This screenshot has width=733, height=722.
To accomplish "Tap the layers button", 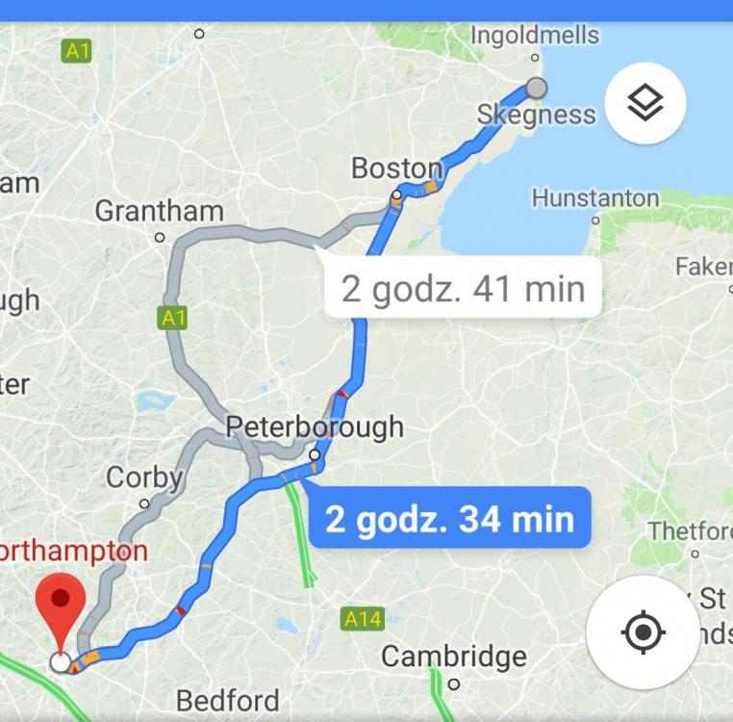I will (x=645, y=103).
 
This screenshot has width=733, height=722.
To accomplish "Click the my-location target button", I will (x=644, y=632).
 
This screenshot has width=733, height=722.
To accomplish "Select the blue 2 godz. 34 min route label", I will (x=449, y=520).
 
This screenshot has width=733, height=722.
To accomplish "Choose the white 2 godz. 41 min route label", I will (x=463, y=289).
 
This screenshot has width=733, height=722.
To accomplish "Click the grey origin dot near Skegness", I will (x=537, y=89).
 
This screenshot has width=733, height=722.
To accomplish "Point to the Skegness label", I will (x=536, y=116).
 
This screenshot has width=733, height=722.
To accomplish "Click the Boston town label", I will (x=395, y=168).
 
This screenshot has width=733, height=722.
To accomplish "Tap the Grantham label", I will (x=159, y=211).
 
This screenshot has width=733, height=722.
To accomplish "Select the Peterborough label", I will (x=315, y=427).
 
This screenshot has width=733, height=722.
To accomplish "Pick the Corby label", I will (x=144, y=477).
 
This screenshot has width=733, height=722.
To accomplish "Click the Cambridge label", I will (x=454, y=657).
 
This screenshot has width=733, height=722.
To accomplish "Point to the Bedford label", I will (x=228, y=700).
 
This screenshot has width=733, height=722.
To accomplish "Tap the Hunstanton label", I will (x=595, y=198).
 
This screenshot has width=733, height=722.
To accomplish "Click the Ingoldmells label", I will (x=535, y=36).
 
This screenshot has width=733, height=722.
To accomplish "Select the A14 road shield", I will (x=362, y=619).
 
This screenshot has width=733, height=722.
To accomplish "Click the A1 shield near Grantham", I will (x=172, y=318).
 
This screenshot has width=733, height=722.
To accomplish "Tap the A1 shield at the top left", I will (x=77, y=51).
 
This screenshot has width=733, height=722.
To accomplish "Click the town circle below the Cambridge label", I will (x=454, y=683).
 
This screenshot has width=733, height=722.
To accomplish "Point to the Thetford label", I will (x=690, y=531).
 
